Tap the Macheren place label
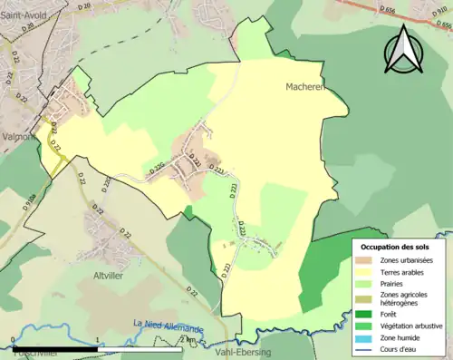tap(299, 88)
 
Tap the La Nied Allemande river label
tap(169, 325)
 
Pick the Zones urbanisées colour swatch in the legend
tap(367, 260)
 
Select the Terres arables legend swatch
tap(367, 271)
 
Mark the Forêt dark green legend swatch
tap(367, 313)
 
